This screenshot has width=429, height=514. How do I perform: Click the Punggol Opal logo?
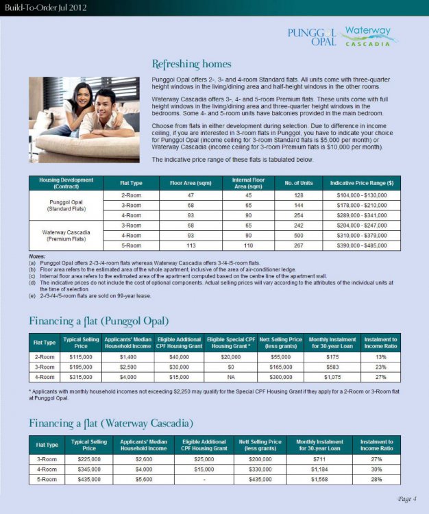312,36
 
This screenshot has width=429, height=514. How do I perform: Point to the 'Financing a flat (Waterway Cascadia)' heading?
111,422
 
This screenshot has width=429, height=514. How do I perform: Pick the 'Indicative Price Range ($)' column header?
361,184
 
